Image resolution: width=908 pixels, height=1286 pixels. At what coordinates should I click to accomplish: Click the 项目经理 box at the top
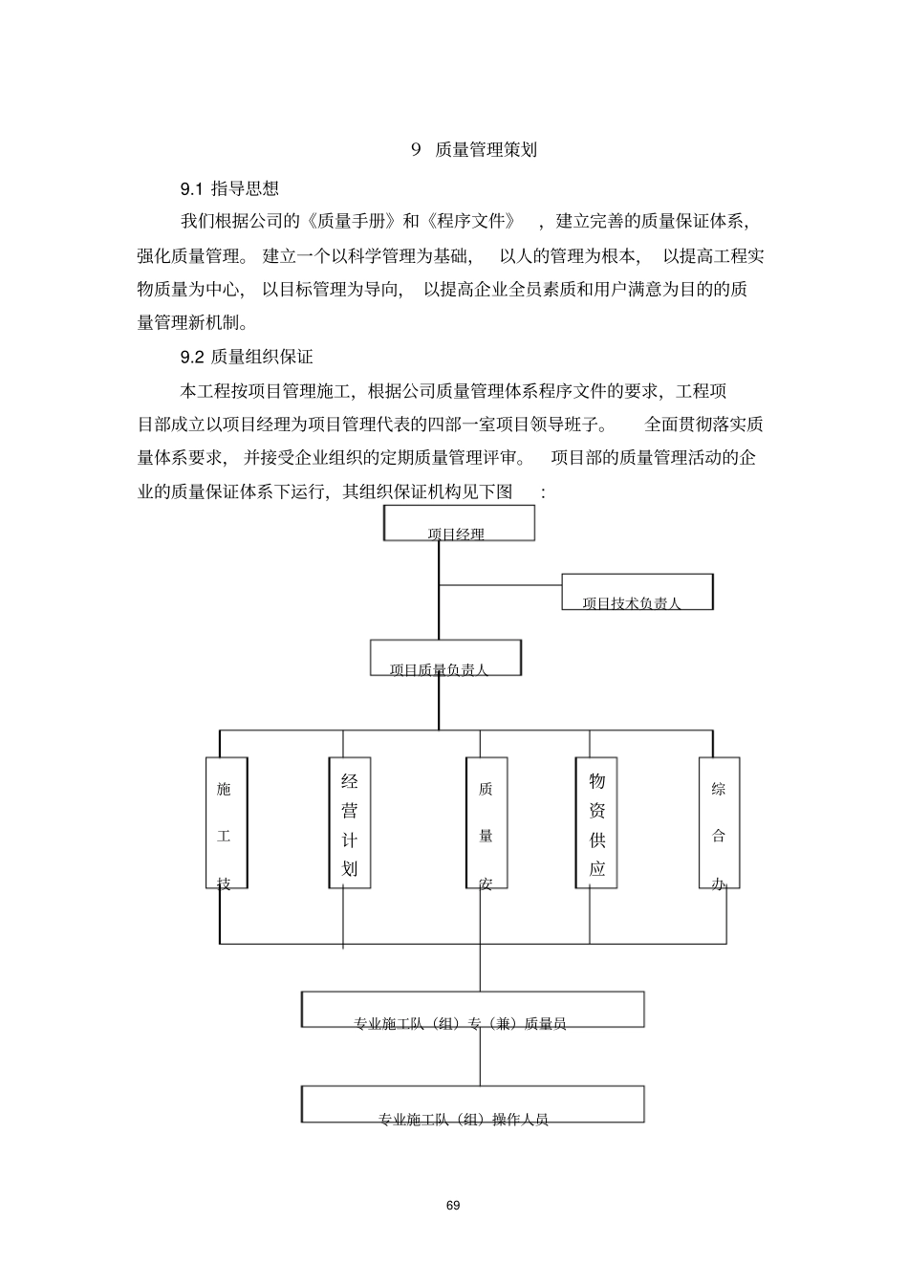459,524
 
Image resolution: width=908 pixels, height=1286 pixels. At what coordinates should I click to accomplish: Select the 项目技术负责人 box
637,592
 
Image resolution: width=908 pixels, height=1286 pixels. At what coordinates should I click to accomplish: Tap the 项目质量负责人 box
445,658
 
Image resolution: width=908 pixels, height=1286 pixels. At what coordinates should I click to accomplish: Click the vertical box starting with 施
227,822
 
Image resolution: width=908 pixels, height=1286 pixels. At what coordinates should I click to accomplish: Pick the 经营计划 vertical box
350,822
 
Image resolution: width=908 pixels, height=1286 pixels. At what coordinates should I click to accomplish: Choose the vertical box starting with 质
486,822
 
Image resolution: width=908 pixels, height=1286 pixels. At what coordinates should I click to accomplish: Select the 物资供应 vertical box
596,822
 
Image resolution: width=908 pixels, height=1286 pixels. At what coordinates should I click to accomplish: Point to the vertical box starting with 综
719,822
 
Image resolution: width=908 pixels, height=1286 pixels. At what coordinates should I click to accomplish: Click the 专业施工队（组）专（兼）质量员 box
472,1010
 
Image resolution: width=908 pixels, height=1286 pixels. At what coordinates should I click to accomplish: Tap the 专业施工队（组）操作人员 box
472,1104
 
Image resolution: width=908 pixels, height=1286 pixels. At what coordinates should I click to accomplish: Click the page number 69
453,1206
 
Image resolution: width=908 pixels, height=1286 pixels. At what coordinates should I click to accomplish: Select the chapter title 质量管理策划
486,149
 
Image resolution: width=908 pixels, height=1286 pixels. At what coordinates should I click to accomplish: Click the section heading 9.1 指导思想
229,187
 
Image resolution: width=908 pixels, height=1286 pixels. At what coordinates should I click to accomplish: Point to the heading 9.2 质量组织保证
247,357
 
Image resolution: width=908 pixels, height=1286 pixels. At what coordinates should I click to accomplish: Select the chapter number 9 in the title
416,149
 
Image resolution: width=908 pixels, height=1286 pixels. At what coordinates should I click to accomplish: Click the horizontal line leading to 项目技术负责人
500,584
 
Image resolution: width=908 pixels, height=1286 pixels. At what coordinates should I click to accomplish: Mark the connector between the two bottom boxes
480,1057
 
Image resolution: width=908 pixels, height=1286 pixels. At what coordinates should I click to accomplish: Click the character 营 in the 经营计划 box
350,810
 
